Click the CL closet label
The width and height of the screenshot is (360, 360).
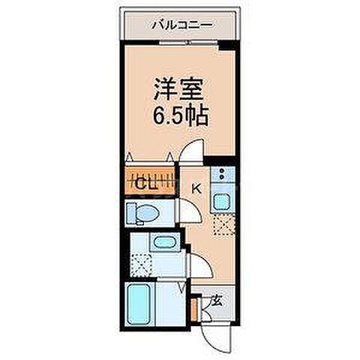point(145,182)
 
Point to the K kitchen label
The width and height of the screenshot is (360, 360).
point(198,189)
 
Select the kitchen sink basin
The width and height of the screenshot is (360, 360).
point(223,202)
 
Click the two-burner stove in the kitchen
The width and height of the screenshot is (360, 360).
point(222,175)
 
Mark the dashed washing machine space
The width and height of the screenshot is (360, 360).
point(139,264)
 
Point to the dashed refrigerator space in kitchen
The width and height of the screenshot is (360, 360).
point(223,226)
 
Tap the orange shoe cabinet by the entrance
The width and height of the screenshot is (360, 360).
point(195,307)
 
